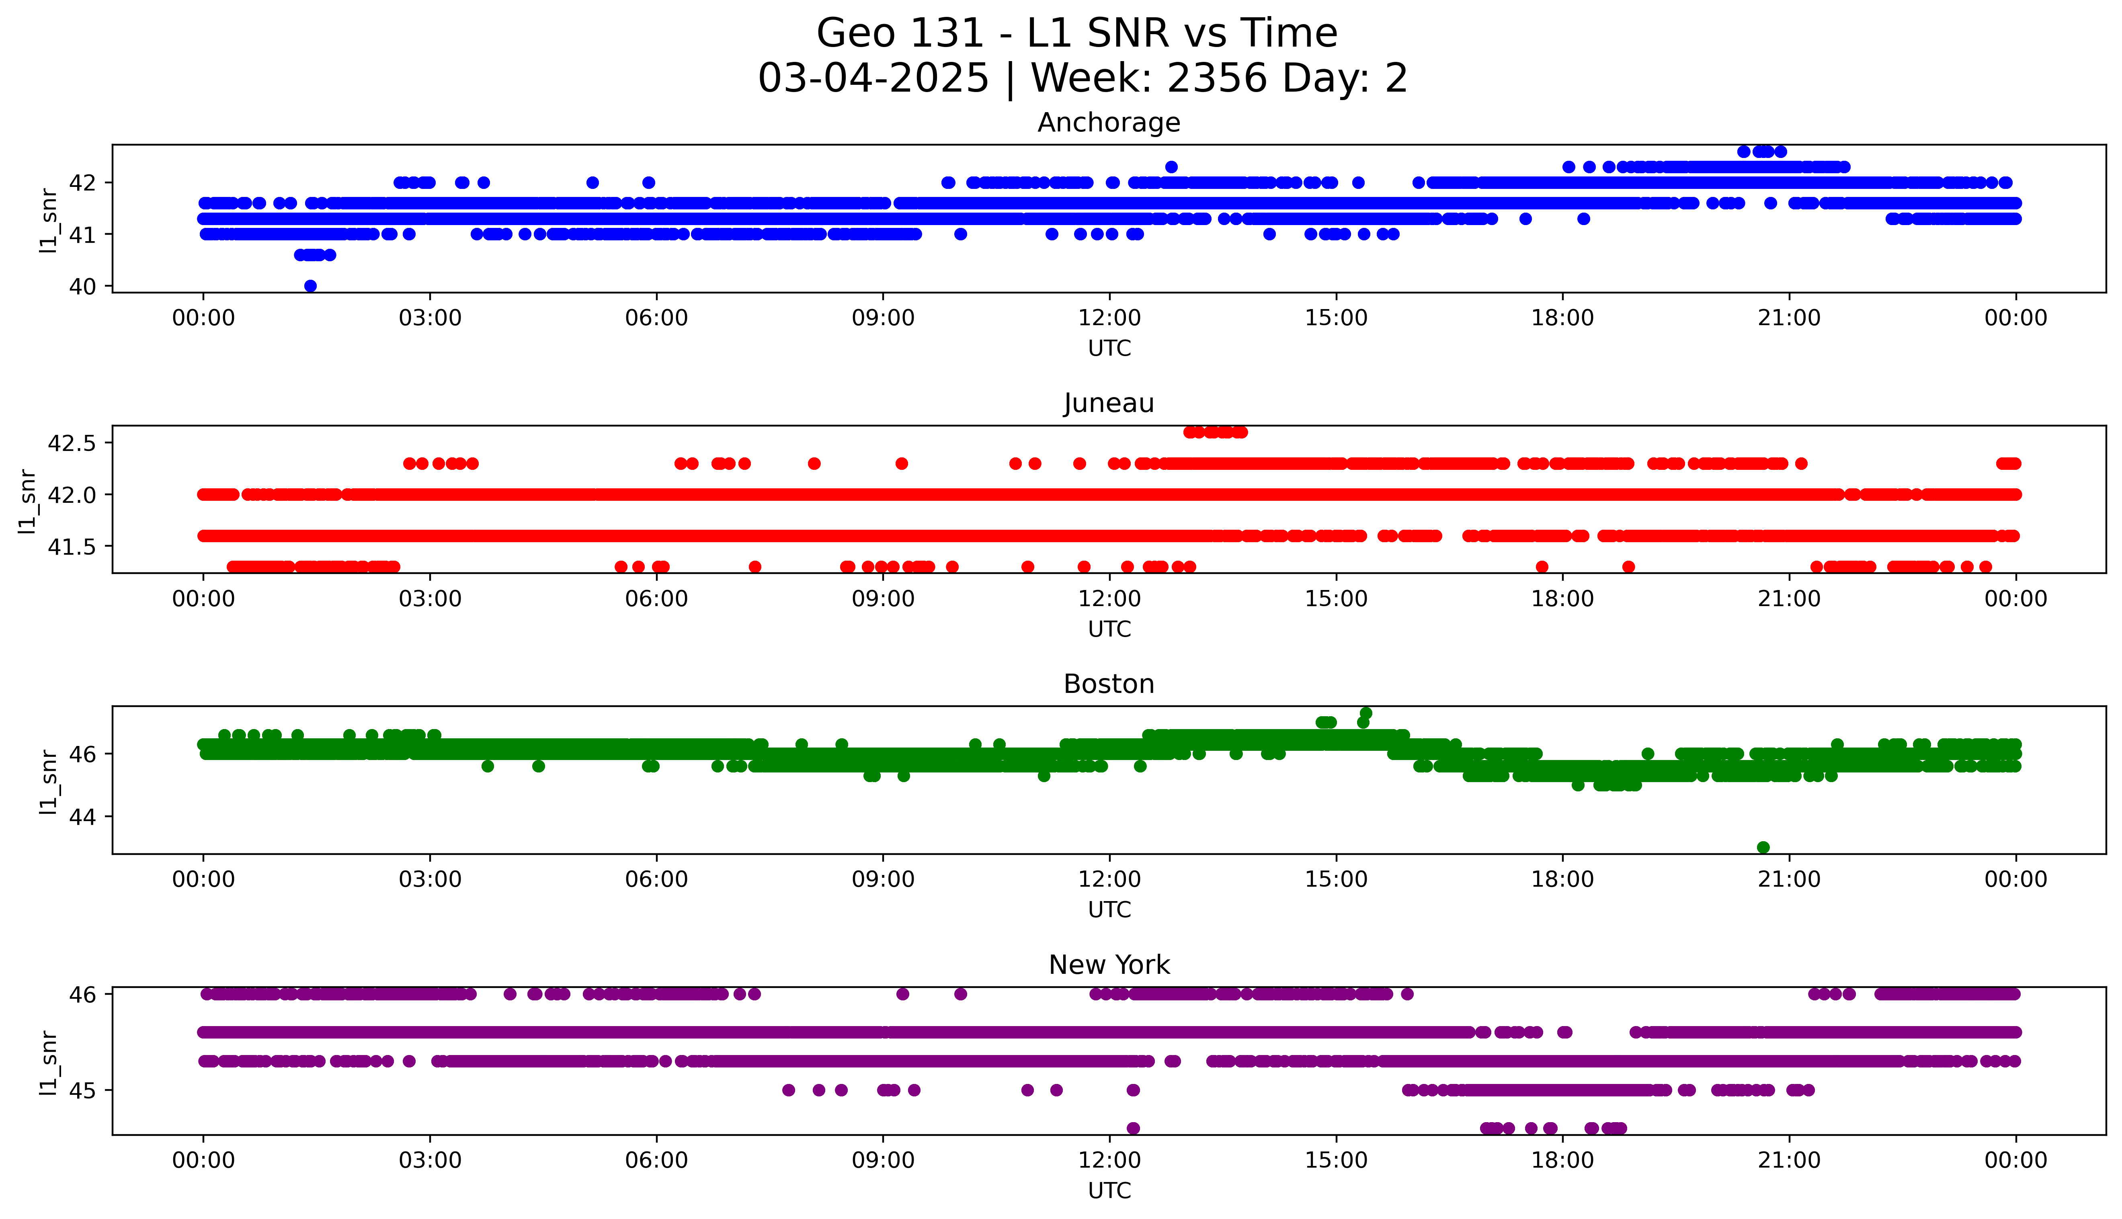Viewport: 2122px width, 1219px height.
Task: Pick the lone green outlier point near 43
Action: (x=1763, y=847)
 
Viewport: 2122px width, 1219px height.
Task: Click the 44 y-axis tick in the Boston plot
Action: (x=84, y=816)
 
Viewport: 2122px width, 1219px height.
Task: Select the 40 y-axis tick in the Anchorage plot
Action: (x=84, y=286)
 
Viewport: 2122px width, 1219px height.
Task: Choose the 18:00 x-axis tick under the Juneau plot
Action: (x=1563, y=598)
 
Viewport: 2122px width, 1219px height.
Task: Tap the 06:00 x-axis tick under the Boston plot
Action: (x=656, y=879)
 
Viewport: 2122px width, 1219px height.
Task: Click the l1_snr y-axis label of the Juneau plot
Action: (x=28, y=501)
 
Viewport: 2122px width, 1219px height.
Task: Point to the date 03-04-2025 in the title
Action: (x=873, y=79)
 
